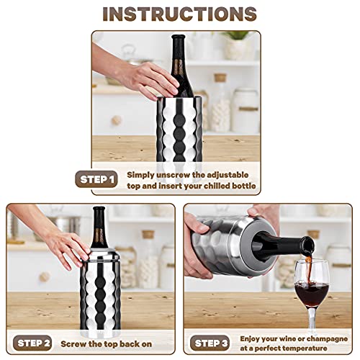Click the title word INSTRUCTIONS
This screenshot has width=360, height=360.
click(x=179, y=14)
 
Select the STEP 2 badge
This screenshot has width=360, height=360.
click(x=32, y=343)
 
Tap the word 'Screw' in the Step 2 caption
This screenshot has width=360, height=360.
click(x=81, y=343)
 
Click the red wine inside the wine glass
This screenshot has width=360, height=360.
click(x=311, y=292)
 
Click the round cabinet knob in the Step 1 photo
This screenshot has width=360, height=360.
click(x=116, y=120)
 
